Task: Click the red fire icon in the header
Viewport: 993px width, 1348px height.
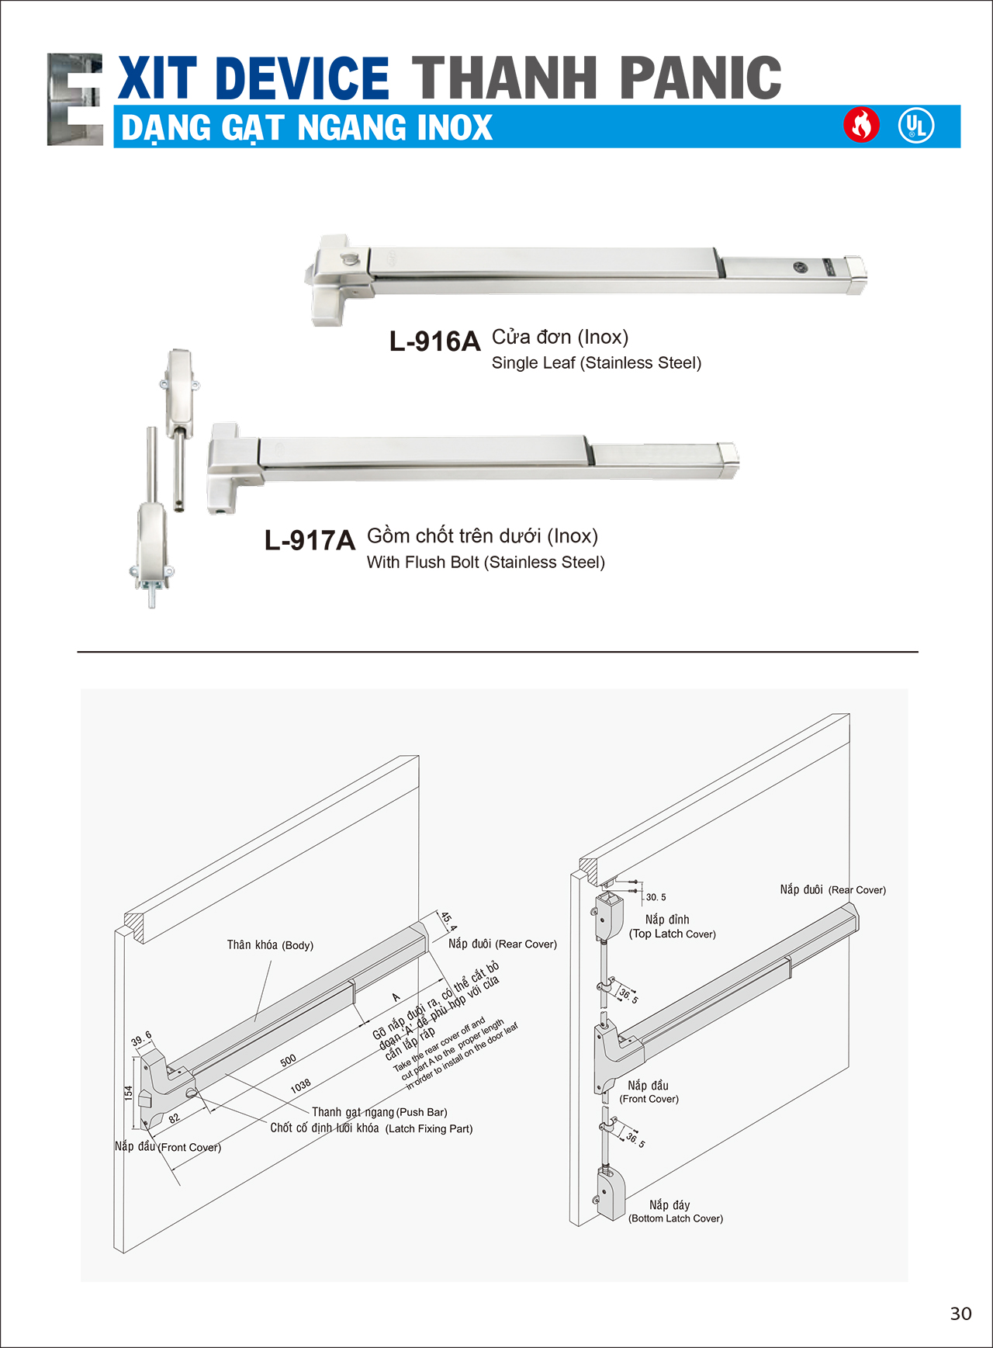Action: point(861,125)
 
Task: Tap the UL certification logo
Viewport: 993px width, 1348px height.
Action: point(916,126)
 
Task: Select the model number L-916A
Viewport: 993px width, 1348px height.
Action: point(434,341)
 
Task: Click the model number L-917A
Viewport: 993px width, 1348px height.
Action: point(310,540)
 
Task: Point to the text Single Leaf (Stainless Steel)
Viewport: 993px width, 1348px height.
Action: point(596,363)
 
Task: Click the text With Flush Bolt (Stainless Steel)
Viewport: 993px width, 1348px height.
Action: point(486,563)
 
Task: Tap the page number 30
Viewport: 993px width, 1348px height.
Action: point(960,1313)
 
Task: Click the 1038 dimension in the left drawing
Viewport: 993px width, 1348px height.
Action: point(301,1086)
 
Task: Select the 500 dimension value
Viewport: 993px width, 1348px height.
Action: point(288,1060)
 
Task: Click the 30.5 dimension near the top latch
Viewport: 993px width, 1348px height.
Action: point(656,897)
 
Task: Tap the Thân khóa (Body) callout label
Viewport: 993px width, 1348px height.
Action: point(270,945)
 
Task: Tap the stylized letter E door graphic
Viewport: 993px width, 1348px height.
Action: point(75,99)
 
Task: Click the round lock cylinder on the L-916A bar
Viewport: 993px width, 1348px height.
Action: point(801,268)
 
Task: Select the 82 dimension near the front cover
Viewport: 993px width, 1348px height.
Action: point(174,1118)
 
